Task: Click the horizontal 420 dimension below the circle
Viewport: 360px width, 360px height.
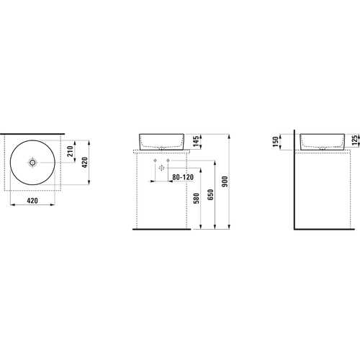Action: coord(32,200)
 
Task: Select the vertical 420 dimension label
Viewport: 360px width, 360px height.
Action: coord(85,163)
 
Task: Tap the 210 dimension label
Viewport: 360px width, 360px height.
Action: coord(71,151)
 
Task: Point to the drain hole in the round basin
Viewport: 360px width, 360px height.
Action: coord(32,163)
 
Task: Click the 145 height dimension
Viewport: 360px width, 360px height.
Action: coord(197,141)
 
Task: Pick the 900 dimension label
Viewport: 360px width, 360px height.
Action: coord(225,181)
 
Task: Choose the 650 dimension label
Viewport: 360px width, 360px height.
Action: coord(210,194)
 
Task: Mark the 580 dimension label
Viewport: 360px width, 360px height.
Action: coord(197,198)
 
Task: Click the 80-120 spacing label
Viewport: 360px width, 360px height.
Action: coord(183,177)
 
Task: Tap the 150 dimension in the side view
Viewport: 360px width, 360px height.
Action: coord(276,142)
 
